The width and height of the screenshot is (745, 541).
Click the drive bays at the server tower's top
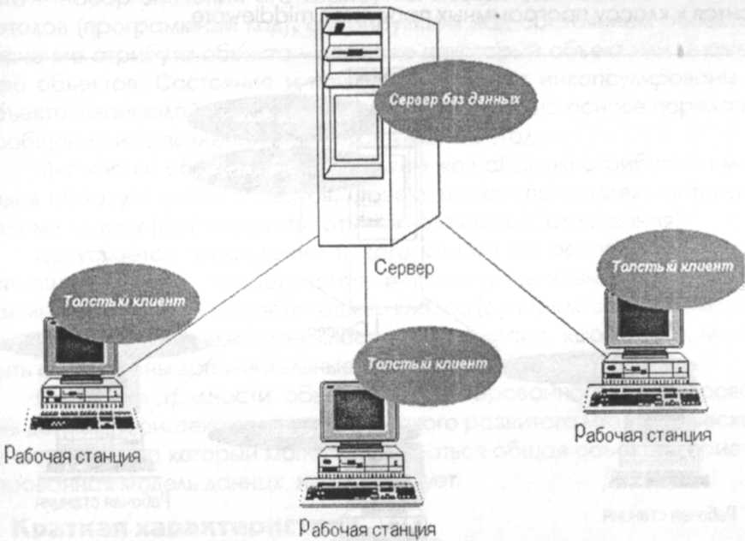[x=355, y=51]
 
